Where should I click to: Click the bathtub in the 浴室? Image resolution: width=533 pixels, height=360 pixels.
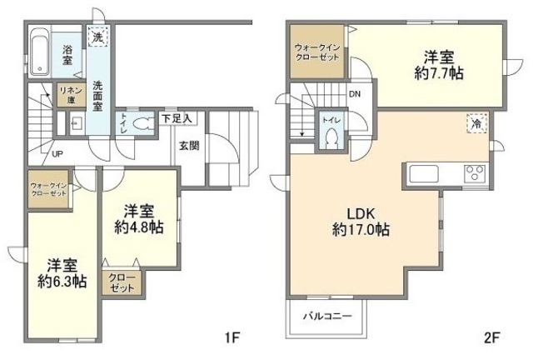(x=41, y=52)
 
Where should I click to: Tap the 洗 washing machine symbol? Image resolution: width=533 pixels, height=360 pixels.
(x=98, y=37)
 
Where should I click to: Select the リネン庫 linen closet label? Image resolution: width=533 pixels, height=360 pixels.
(x=72, y=95)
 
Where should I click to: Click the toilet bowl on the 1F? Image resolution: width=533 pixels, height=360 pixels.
(x=142, y=122)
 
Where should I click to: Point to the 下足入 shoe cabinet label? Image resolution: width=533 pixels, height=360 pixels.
(x=177, y=119)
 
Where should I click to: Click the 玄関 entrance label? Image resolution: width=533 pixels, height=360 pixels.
(x=189, y=146)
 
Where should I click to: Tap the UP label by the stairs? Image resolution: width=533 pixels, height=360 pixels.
(x=57, y=154)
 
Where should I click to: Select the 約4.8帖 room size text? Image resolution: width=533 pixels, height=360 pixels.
(x=138, y=227)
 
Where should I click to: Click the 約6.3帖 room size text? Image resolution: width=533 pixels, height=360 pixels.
(x=62, y=282)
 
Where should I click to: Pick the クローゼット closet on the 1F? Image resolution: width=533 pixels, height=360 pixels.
(x=122, y=283)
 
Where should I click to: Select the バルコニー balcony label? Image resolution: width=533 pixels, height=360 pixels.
(x=327, y=316)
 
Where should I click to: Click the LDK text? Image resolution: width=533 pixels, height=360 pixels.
(x=361, y=214)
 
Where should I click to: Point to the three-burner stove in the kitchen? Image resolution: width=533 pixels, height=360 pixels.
(x=475, y=173)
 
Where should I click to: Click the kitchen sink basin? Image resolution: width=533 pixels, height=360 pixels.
(x=425, y=173)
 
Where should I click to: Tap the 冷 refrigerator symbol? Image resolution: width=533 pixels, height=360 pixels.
(x=477, y=124)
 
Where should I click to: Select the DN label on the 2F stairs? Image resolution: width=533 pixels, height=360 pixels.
(x=355, y=94)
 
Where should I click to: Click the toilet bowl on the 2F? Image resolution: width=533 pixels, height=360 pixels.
(x=331, y=138)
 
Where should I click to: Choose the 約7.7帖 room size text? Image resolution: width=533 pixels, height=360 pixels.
(x=439, y=72)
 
